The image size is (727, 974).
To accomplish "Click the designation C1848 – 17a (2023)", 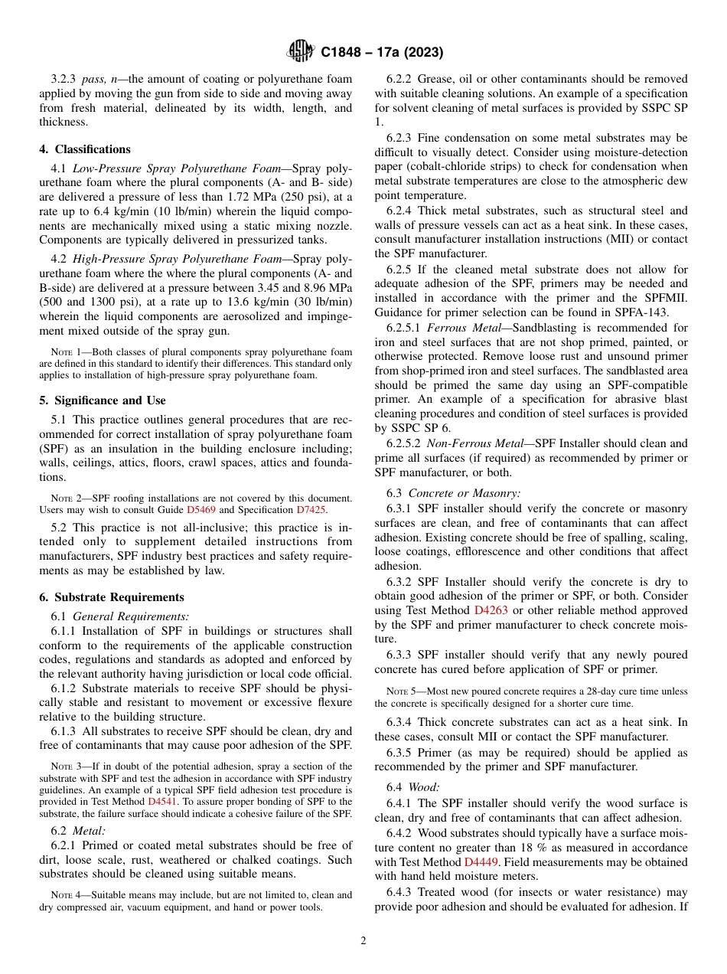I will (382, 53).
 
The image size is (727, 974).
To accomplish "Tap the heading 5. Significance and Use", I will (103, 400).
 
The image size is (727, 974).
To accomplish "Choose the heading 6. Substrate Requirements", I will (112, 597).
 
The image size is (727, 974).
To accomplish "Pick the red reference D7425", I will (311, 509).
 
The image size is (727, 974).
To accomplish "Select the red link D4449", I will (483, 861).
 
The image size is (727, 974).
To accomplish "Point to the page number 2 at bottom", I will (363, 941).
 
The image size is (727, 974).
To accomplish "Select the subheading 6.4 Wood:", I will (410, 787).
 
